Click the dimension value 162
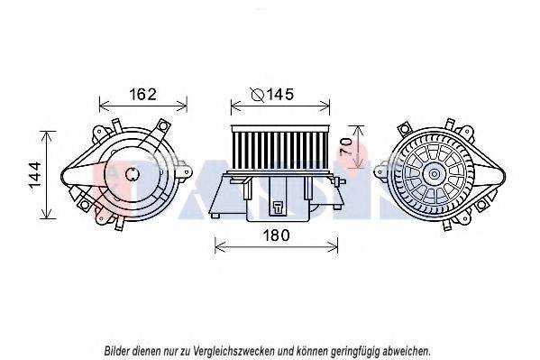point(143,94)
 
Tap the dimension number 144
point(35,175)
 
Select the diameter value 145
point(280,94)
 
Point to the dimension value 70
point(346,146)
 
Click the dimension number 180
point(276,235)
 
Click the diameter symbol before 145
point(258,95)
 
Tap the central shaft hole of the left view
point(132,174)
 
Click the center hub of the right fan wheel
point(434,173)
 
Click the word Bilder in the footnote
point(117,351)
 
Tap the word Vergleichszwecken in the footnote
point(234,351)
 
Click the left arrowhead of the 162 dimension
point(103,106)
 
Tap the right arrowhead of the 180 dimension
point(334,246)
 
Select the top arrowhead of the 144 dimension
point(48,134)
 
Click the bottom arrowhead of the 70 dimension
point(358,164)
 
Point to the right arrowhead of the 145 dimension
point(325,106)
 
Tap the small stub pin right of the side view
point(342,181)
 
